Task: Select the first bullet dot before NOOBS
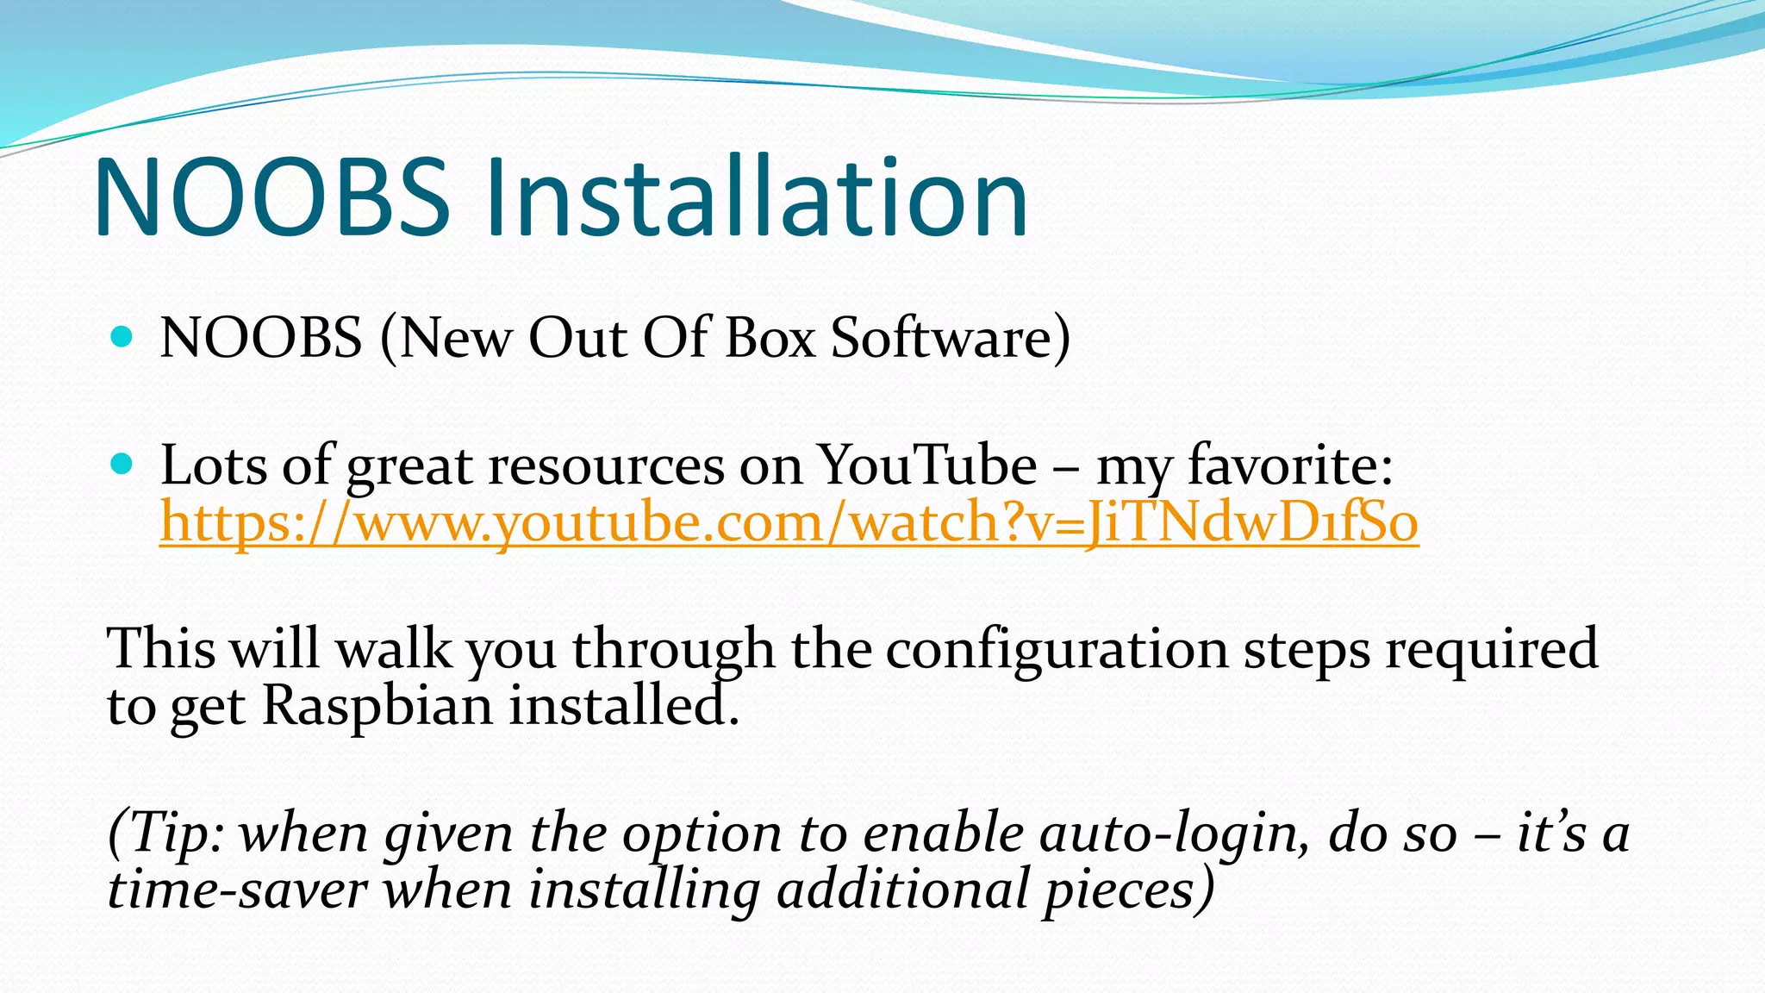[x=122, y=336]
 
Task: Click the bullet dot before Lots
[x=122, y=465]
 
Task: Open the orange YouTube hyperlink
[x=789, y=522]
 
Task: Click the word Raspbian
[x=377, y=706]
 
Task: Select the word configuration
[x=1057, y=649]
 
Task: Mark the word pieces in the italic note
[x=1128, y=890]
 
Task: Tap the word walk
[x=394, y=649]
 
